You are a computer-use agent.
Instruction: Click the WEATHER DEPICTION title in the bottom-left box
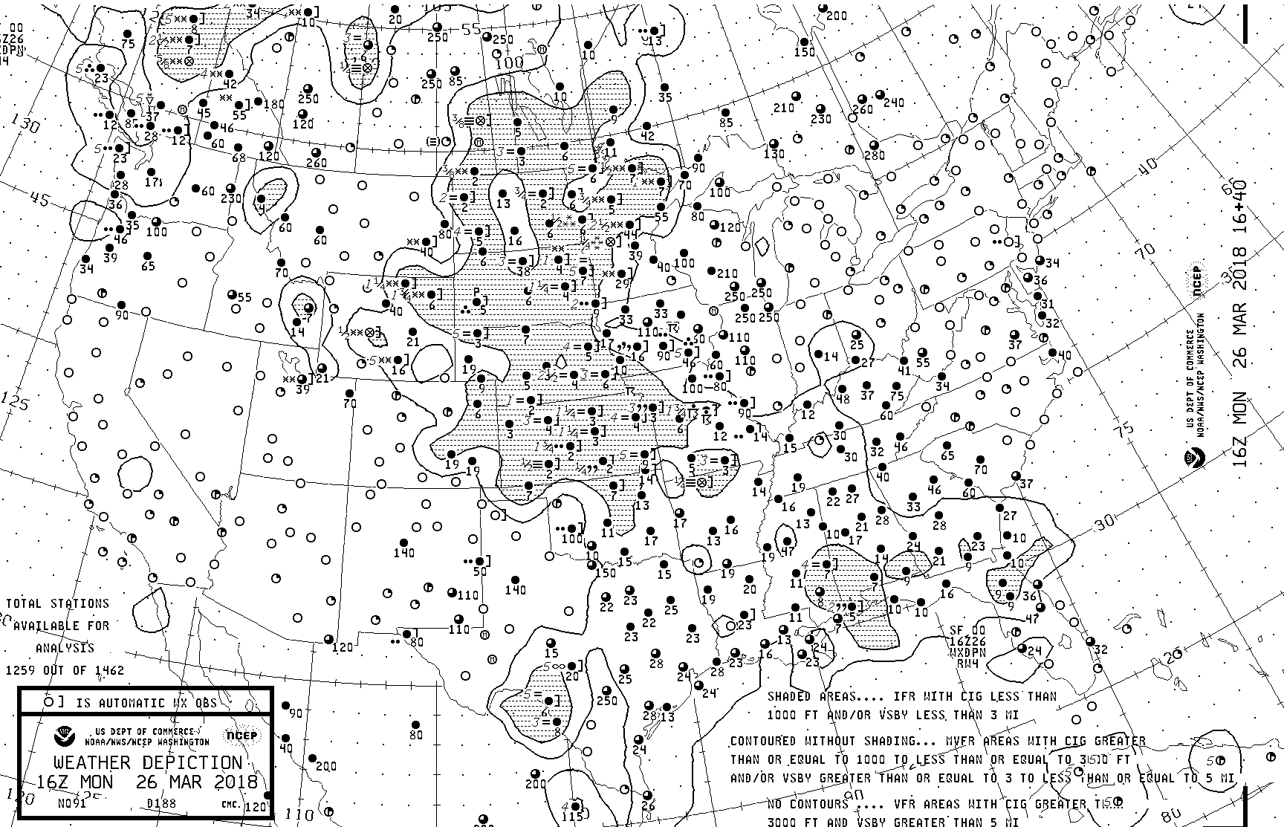click(147, 763)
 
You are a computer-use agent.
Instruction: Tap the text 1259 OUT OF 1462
click(65, 670)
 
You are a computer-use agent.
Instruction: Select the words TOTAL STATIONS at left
click(58, 603)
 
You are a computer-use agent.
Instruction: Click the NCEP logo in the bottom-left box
click(241, 736)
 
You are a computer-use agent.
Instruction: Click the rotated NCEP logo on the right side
click(1197, 291)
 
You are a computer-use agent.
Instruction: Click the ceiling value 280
click(875, 155)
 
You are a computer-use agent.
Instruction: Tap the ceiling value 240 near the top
click(893, 103)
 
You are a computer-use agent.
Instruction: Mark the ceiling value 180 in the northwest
click(273, 104)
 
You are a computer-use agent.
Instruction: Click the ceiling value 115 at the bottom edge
click(572, 817)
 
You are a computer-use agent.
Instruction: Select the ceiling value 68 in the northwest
click(239, 158)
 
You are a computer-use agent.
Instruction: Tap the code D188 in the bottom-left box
click(157, 803)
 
